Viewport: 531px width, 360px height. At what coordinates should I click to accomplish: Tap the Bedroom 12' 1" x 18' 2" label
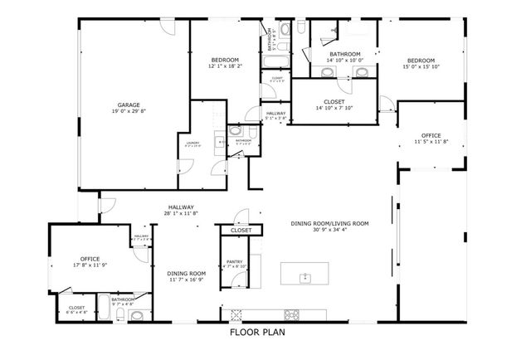pos(225,60)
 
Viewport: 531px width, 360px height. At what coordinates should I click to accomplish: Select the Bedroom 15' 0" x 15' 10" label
pos(421,60)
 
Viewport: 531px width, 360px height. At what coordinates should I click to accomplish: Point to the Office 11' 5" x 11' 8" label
pos(431,135)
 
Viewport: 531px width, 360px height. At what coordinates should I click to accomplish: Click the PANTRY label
pos(235,260)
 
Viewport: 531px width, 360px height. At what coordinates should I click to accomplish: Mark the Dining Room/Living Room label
pos(329,223)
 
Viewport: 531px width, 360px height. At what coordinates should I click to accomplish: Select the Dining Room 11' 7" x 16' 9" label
pos(186,274)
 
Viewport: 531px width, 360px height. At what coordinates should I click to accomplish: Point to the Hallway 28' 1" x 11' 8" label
pos(181,207)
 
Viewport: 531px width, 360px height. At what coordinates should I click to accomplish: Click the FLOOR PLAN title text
pos(265,334)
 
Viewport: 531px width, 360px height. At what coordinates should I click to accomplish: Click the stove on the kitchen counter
pos(292,314)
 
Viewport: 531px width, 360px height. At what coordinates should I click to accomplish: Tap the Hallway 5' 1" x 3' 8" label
pos(276,114)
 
